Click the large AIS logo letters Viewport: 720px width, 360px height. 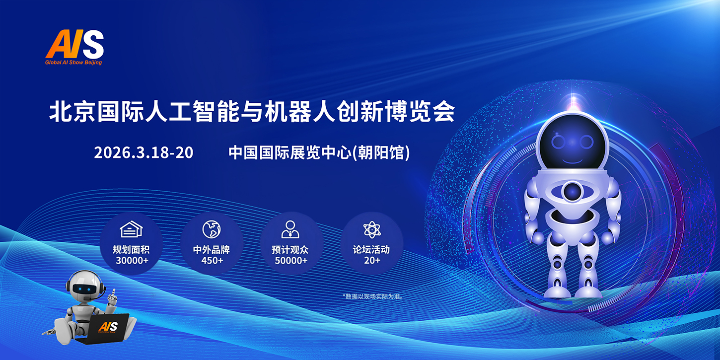74,44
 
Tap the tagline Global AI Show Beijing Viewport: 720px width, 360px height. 73,63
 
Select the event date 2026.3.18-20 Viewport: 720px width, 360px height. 144,152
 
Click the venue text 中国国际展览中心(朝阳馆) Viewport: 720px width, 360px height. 319,152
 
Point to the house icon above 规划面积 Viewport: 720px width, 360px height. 131,229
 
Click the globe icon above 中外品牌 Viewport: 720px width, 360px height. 212,229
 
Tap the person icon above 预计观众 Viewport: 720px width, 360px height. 290,229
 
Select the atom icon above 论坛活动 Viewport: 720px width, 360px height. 372,229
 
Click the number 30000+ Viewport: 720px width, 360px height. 132,260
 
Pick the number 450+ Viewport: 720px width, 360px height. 212,260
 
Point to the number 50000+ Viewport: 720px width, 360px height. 291,260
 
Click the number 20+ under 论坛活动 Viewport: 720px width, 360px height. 372,260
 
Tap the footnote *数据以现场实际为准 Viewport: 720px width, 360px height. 373,296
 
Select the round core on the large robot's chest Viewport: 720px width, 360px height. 572,192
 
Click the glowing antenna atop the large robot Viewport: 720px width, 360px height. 573,101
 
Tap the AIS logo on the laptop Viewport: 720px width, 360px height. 109,327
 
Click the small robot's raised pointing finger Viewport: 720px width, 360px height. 113,292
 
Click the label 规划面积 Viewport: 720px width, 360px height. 131,250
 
